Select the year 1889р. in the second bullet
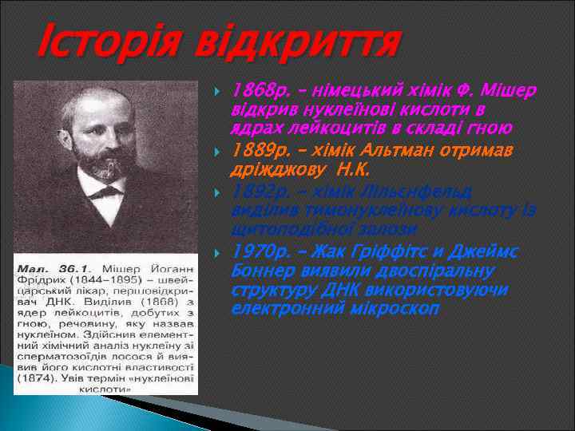click(x=255, y=150)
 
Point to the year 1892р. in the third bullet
click(x=255, y=192)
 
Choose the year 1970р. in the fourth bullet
click(x=255, y=253)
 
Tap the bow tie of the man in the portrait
click(x=102, y=190)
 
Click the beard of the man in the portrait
click(x=100, y=160)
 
